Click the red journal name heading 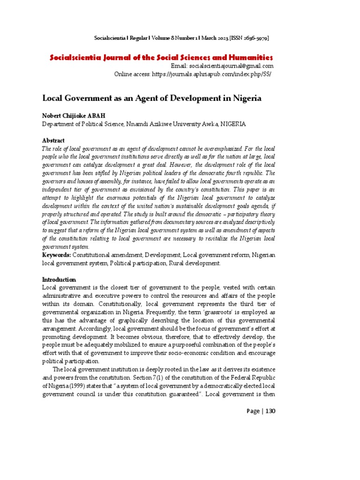(x=161, y=57)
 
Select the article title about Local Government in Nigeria (x=152, y=99)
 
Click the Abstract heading (x=53, y=141)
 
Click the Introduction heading (x=59, y=279)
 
